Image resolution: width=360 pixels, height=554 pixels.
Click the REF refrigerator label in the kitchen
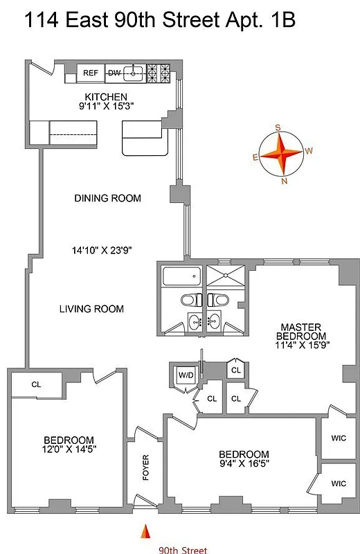point(90,72)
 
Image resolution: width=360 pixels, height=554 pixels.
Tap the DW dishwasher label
point(114,72)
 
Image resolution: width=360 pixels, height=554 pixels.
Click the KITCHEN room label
point(106,96)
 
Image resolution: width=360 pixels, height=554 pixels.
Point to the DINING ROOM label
point(107,198)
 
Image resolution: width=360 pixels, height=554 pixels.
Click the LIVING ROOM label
point(91,309)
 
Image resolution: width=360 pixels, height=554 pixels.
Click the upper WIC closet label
point(339,438)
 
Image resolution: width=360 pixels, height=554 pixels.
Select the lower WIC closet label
point(339,483)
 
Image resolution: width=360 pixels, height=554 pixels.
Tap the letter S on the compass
point(278,127)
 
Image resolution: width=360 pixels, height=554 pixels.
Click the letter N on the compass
point(285,181)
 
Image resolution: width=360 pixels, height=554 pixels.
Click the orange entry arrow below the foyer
point(146,532)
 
